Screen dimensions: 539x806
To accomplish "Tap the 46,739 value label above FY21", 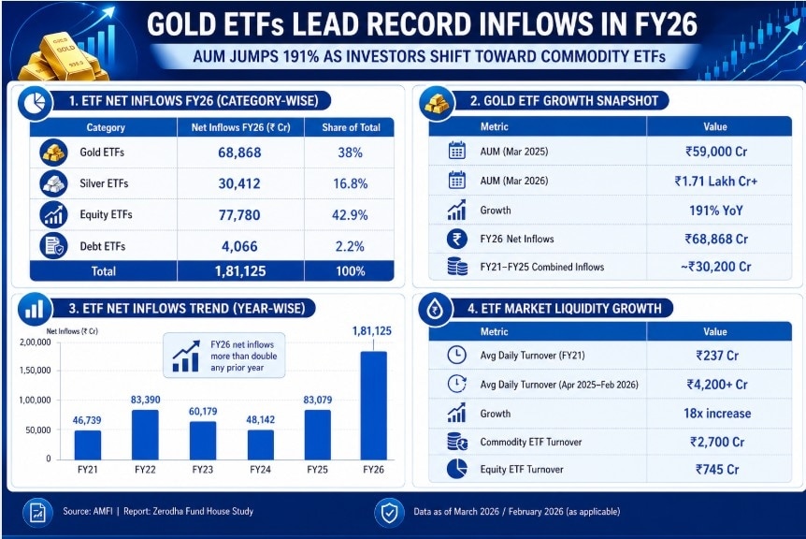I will coord(88,421).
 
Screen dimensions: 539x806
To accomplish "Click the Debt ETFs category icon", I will coord(52,246).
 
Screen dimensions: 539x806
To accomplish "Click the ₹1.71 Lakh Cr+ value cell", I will coord(715,181).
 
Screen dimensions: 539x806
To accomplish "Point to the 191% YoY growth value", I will coord(715,211).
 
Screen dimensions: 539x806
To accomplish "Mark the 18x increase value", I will coord(715,413).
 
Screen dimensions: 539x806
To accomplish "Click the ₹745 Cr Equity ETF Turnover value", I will coord(715,471).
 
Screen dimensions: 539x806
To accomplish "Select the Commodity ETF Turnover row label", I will coord(530,442).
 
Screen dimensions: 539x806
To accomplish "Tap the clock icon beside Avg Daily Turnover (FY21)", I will coord(457,355).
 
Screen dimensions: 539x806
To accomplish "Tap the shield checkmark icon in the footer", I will coord(387,512).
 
